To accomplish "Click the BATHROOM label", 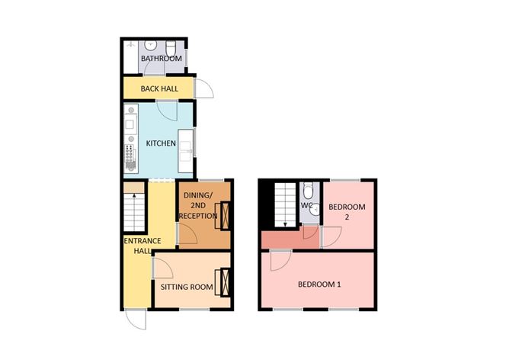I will [x=161, y=59].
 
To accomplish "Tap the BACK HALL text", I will [x=159, y=88].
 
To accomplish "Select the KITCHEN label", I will [x=161, y=143].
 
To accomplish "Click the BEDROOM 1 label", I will [x=319, y=285].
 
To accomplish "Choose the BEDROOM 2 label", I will [x=347, y=212].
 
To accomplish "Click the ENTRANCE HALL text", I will [x=142, y=247].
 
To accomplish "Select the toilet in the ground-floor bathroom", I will [x=170, y=46].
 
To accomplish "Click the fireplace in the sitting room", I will [x=223, y=282].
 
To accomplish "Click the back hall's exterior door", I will [x=203, y=88].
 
